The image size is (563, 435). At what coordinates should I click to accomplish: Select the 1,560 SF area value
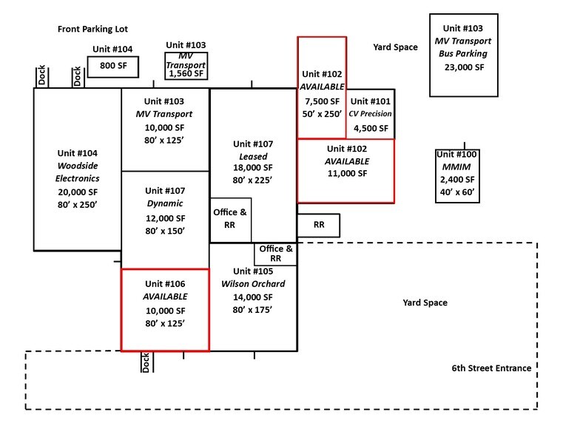tap(186, 74)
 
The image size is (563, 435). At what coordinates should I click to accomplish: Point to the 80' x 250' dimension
tap(76, 205)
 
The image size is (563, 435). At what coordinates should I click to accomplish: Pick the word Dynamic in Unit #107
tap(164, 203)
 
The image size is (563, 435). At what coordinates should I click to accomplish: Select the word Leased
tap(253, 157)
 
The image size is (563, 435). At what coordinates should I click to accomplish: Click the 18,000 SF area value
tap(253, 168)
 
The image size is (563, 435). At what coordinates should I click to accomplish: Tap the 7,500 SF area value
tap(321, 101)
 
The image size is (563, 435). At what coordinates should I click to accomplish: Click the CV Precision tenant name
tap(370, 114)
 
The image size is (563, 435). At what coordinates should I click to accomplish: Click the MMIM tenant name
tap(456, 166)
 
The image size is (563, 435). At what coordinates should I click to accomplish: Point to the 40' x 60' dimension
tap(456, 192)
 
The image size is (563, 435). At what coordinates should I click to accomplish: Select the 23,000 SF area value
tap(464, 67)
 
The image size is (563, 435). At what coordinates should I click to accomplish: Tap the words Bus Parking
tap(464, 54)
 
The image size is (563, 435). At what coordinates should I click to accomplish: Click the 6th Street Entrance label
tap(491, 368)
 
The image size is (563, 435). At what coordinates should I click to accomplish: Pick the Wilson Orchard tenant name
tap(253, 284)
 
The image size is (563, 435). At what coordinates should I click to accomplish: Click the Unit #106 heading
tap(164, 283)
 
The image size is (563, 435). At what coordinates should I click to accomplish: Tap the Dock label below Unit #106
tap(146, 362)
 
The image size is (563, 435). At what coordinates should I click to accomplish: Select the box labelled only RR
tap(319, 225)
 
